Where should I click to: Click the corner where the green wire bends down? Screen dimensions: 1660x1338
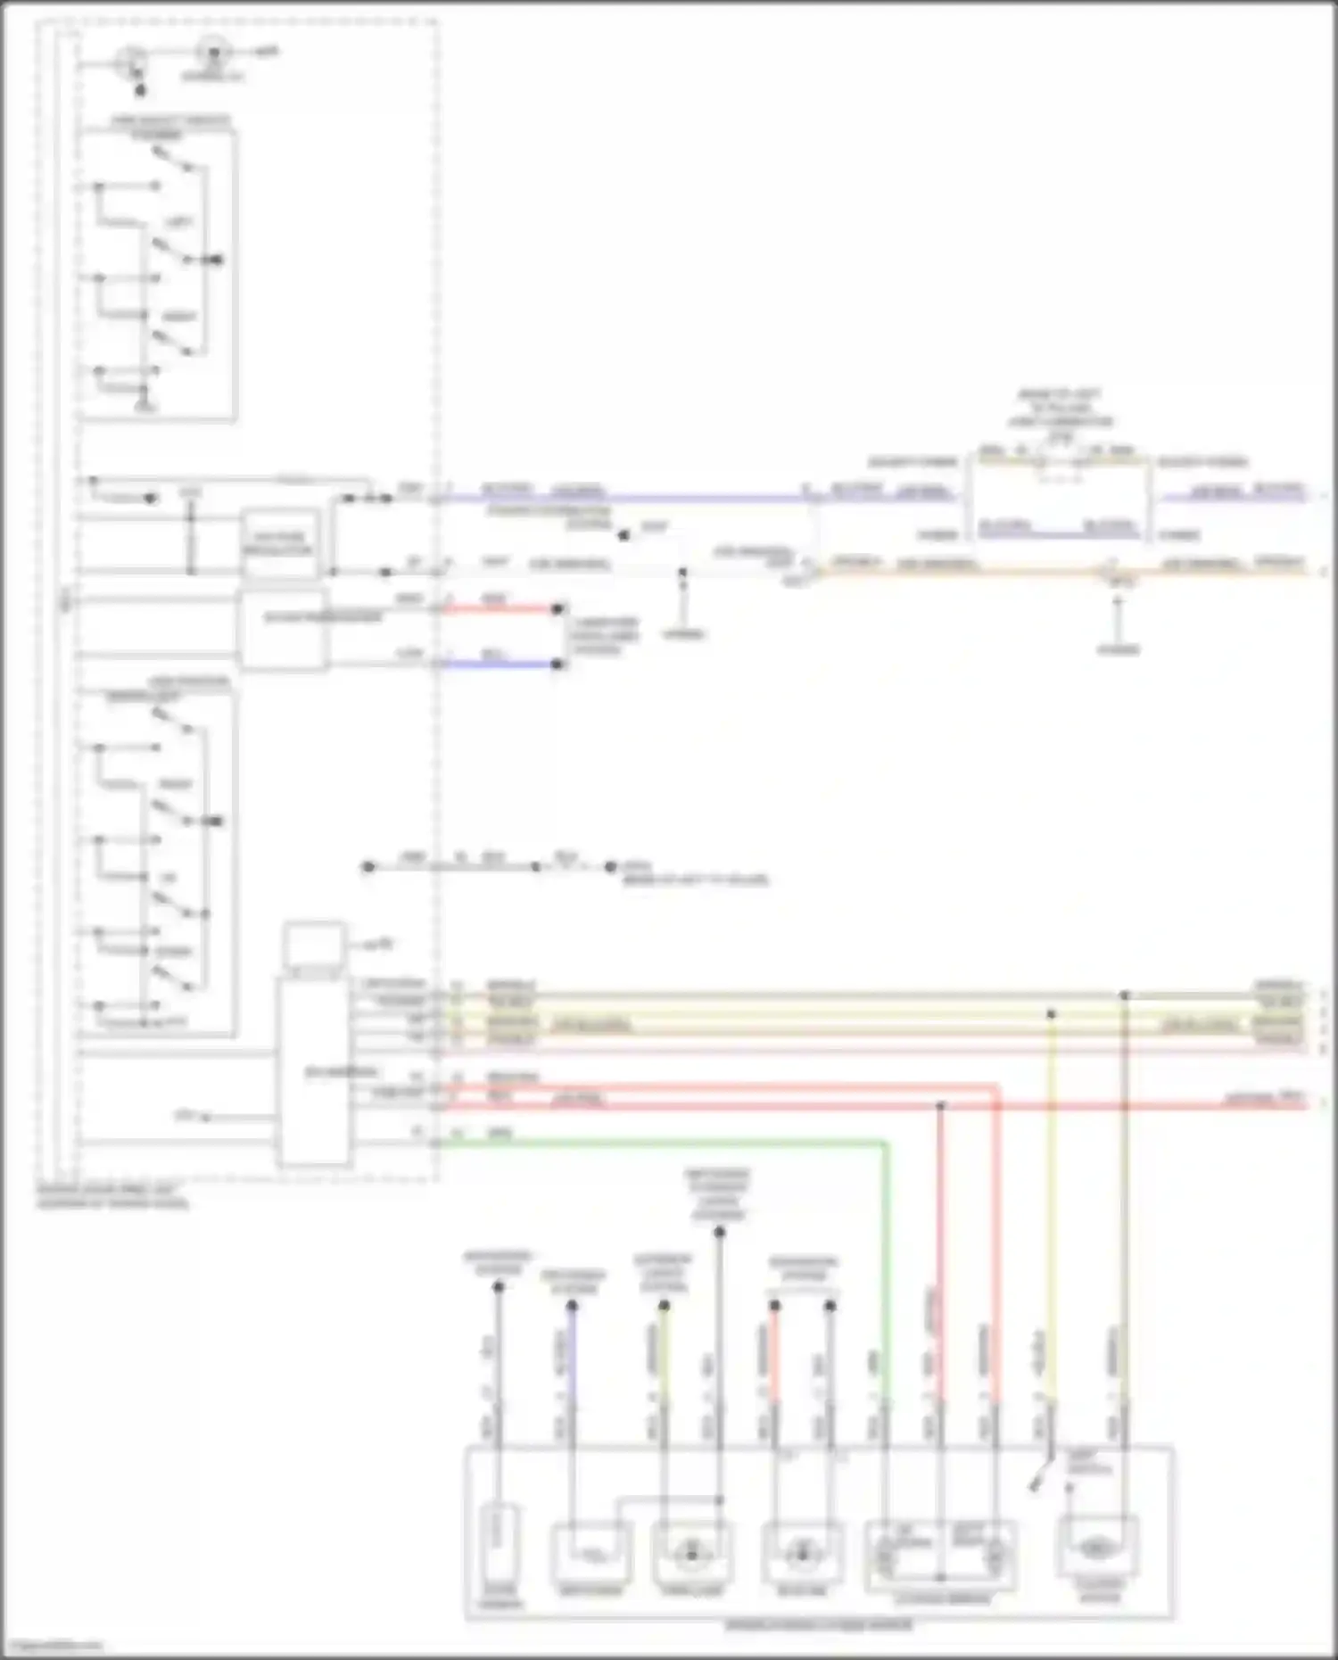[885, 1143]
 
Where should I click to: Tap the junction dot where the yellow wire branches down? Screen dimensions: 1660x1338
[1051, 1014]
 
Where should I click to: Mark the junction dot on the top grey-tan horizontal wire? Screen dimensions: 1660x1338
[1125, 995]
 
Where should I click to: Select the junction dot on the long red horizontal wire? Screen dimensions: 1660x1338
[939, 1106]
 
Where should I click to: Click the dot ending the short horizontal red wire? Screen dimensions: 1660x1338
[557, 609]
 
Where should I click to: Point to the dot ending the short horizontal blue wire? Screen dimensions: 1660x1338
[557, 665]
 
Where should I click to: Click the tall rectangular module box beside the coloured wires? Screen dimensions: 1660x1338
[313, 1071]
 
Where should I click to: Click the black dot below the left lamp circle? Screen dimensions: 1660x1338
[138, 90]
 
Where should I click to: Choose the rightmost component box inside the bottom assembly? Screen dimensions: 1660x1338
[1097, 1548]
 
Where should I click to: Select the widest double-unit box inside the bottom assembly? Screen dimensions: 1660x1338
[941, 1557]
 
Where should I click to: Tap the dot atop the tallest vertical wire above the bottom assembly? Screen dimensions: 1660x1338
[719, 1232]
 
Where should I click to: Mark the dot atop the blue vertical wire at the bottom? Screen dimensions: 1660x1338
[572, 1306]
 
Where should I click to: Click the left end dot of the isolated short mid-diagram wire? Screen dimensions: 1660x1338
[368, 866]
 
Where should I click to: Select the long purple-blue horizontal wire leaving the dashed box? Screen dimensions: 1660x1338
[624, 498]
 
